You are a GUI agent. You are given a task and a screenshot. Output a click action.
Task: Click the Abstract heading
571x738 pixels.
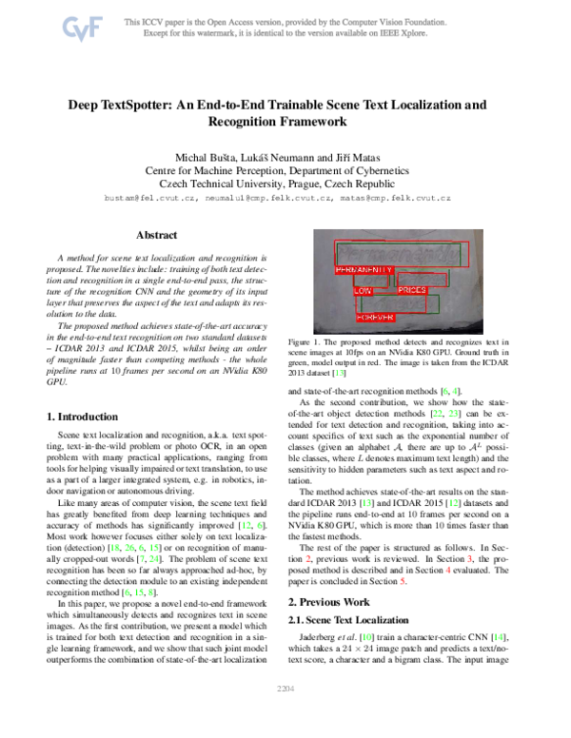159,234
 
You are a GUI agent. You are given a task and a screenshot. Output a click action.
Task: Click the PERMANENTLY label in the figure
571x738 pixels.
364,270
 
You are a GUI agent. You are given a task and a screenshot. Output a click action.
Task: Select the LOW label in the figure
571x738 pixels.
363,290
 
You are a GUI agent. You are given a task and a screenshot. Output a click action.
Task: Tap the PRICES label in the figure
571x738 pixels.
411,289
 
